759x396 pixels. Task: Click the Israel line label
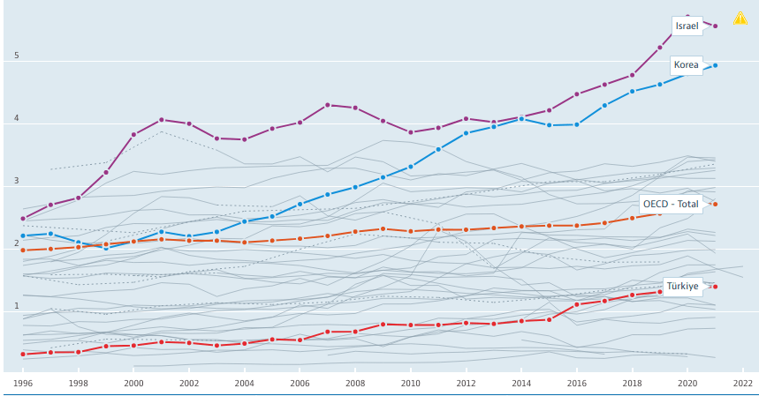click(x=687, y=26)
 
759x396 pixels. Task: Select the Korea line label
click(x=687, y=64)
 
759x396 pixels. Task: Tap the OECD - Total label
click(x=671, y=204)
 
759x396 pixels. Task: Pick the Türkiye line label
click(x=682, y=286)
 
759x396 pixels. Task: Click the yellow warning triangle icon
click(x=740, y=18)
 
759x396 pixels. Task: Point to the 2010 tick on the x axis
click(x=410, y=384)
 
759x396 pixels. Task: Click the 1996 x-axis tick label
click(x=23, y=384)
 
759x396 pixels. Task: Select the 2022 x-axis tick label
click(x=742, y=384)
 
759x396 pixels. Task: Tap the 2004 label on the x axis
click(x=245, y=384)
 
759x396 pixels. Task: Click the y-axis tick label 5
click(x=16, y=56)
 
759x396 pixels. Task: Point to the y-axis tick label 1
click(x=16, y=306)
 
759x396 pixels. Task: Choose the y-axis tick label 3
click(x=16, y=181)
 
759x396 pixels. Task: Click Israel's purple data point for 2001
click(x=161, y=120)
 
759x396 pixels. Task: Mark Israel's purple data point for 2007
click(x=327, y=105)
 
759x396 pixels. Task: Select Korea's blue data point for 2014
click(x=521, y=118)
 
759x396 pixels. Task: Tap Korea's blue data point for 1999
click(x=106, y=248)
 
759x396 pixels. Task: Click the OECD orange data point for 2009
click(x=383, y=229)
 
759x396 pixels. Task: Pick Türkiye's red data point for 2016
click(x=576, y=304)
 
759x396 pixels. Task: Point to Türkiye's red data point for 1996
click(x=23, y=354)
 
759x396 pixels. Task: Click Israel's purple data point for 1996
click(x=23, y=218)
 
